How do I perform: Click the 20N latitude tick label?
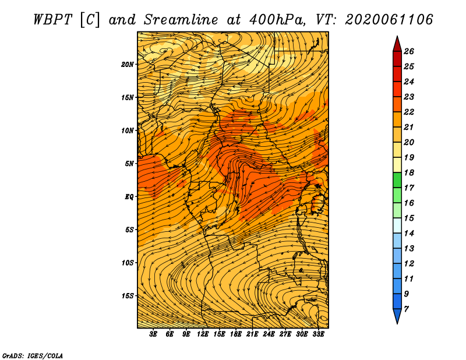(128, 65)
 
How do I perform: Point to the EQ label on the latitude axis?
(129, 197)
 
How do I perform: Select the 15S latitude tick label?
(128, 296)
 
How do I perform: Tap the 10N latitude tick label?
(128, 130)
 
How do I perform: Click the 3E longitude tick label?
(153, 334)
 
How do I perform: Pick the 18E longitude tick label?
(236, 334)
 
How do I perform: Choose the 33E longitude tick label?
(318, 334)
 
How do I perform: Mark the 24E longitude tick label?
(269, 334)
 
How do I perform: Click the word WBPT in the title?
(52, 20)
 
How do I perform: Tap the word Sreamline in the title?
(181, 20)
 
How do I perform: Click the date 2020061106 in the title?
(389, 20)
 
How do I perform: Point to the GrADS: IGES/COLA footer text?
(33, 356)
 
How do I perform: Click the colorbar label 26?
(409, 51)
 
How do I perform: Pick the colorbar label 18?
(409, 172)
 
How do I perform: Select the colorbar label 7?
(406, 309)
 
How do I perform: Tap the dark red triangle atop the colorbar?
(397, 45)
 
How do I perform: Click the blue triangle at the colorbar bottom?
(397, 315)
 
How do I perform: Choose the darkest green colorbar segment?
(397, 180)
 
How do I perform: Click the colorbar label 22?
(409, 112)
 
